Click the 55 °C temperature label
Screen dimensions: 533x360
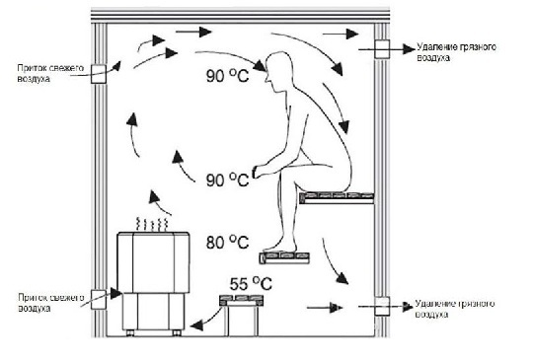coord(251,284)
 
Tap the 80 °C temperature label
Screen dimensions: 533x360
coord(227,243)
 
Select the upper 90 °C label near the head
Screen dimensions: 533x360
coord(227,75)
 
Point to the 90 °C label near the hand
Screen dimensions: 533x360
coord(227,180)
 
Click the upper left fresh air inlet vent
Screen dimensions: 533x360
coord(99,74)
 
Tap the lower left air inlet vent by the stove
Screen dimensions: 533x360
coord(99,299)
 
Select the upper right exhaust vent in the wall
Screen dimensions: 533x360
coord(382,49)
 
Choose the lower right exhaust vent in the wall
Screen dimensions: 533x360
coord(382,307)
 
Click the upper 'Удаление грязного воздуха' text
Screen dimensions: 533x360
coord(456,52)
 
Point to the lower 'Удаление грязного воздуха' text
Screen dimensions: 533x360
coord(455,309)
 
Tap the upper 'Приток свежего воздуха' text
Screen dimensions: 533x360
coord(50,73)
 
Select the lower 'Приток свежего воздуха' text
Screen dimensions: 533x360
coord(51,303)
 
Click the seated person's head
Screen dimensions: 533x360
coord(278,71)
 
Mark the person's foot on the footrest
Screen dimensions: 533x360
coord(279,247)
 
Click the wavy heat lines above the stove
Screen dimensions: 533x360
coord(152,224)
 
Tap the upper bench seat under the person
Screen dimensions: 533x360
coord(337,197)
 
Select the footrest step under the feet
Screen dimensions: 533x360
coord(284,258)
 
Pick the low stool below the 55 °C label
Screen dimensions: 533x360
coord(242,316)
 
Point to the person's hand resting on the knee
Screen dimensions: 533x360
coord(259,172)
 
